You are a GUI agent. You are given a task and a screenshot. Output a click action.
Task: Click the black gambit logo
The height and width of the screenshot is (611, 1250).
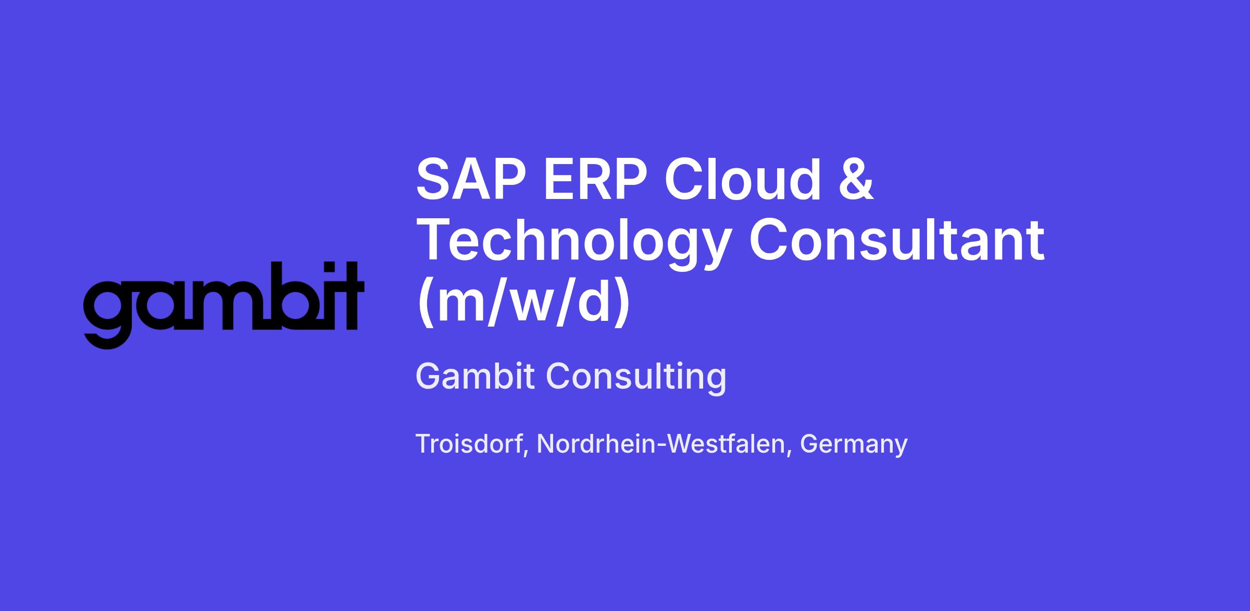click(223, 305)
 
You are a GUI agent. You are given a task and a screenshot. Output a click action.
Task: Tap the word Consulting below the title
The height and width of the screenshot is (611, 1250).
click(636, 377)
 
